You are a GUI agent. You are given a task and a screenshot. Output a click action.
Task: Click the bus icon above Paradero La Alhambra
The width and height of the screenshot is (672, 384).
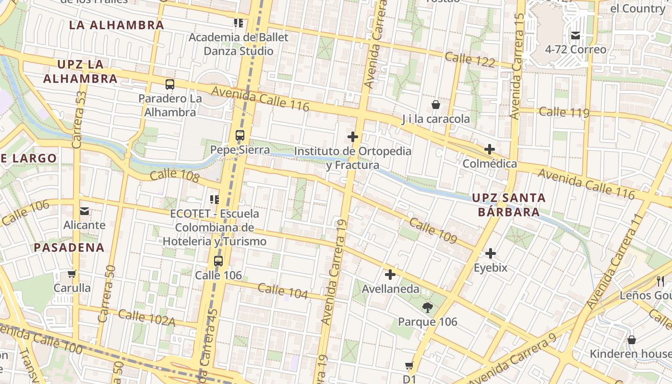coord(170,84)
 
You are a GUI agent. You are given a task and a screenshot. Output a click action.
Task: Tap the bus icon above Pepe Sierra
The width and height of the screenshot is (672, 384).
coord(240,135)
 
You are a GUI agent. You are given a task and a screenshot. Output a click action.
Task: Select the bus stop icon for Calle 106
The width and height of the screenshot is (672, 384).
coord(218,261)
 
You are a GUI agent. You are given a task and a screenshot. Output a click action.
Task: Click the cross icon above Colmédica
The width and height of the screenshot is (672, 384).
coord(490,149)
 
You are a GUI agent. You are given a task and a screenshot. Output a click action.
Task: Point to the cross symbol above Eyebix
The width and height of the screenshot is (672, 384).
coord(491,253)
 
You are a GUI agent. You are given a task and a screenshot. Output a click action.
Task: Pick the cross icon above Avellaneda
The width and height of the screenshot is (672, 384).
coord(390,275)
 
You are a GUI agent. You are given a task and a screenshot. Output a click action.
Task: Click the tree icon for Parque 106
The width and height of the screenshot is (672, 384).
coord(427,307)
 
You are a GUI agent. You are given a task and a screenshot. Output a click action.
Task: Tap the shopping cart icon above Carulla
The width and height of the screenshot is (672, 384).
coord(72,274)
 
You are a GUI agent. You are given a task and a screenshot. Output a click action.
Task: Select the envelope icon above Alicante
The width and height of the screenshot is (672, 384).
coord(84,211)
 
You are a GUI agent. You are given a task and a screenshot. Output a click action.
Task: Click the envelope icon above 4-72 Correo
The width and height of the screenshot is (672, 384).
coord(576,35)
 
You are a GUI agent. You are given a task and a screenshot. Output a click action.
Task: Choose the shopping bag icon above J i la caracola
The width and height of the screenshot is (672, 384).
coord(436,104)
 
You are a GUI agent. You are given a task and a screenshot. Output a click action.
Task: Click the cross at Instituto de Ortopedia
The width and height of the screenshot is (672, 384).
coord(353,137)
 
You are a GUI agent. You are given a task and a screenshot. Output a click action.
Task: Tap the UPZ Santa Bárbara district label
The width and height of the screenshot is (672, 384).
coord(508,204)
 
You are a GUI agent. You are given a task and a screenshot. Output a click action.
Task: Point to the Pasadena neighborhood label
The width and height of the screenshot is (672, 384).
coord(69,248)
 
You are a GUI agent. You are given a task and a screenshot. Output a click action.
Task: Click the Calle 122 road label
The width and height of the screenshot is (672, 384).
coord(470,60)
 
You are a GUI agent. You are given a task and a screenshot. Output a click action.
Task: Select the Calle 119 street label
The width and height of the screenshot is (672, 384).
coord(564,112)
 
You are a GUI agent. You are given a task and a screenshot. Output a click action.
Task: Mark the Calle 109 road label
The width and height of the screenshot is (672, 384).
coord(433,231)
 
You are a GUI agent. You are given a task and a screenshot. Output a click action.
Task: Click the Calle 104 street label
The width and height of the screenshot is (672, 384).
coord(283,291)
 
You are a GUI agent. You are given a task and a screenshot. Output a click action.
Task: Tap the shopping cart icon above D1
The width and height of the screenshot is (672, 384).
coord(409,366)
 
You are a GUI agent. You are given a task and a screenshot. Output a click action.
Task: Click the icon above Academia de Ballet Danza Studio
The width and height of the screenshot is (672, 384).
coord(239,23)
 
